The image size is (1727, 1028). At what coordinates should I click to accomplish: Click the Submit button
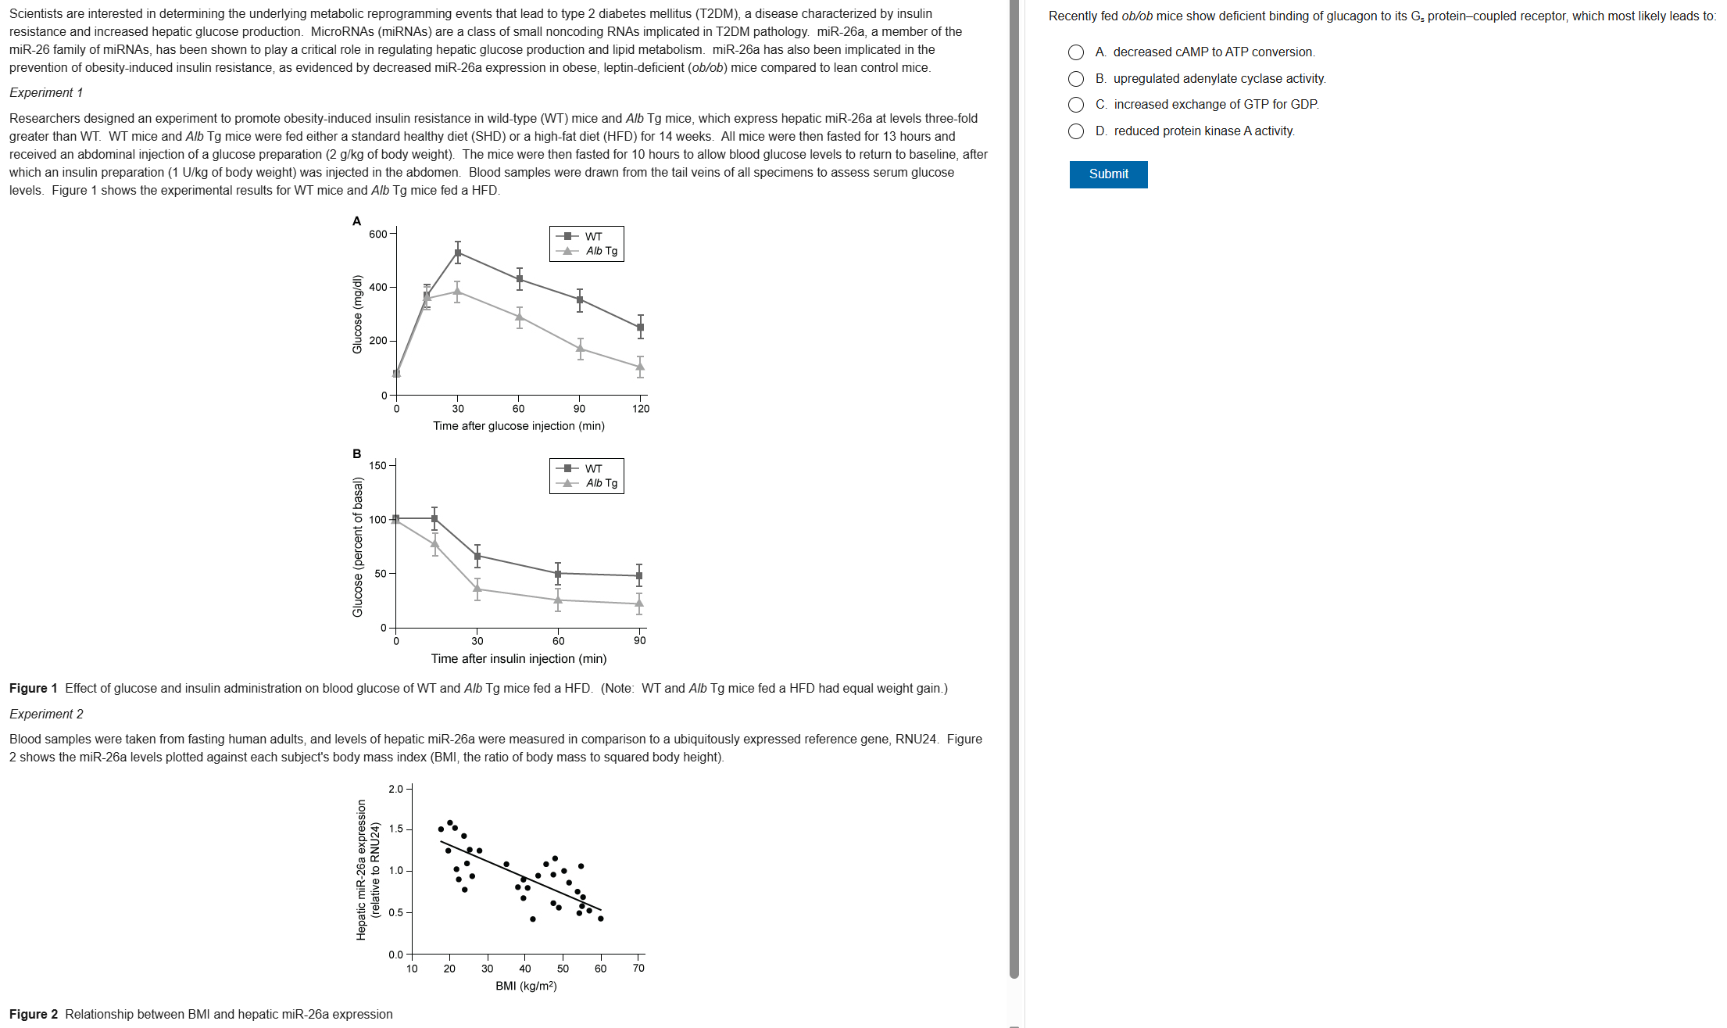(1107, 174)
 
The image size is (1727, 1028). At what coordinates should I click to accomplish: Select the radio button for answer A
(1076, 52)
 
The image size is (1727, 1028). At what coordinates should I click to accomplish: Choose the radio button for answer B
(1076, 79)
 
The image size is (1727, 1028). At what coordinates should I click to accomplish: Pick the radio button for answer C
(1076, 105)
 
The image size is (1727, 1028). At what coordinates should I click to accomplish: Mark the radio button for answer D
(1076, 131)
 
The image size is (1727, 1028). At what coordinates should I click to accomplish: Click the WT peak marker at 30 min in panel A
(458, 253)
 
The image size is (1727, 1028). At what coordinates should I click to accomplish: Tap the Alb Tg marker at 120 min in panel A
(640, 366)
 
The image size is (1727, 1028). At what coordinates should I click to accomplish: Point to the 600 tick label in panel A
(377, 234)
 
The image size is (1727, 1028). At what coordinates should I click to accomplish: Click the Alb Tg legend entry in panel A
(601, 251)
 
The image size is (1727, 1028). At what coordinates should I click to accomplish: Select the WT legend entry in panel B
(593, 468)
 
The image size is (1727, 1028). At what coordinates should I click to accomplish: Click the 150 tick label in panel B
(377, 466)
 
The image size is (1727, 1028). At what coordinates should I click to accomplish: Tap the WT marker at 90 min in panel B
(639, 576)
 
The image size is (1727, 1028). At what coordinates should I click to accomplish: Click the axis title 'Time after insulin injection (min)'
(518, 659)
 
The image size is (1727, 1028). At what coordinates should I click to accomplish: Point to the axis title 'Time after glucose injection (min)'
(518, 426)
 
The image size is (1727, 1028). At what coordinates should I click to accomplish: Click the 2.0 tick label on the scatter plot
(395, 789)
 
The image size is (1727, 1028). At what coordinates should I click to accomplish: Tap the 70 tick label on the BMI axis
(638, 969)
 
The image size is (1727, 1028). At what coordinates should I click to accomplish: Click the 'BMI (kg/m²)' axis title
(526, 986)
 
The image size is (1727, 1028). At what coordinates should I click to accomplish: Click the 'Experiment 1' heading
(46, 93)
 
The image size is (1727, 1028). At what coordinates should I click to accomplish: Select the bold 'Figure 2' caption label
(34, 1015)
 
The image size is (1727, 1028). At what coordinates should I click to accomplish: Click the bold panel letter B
(357, 454)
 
